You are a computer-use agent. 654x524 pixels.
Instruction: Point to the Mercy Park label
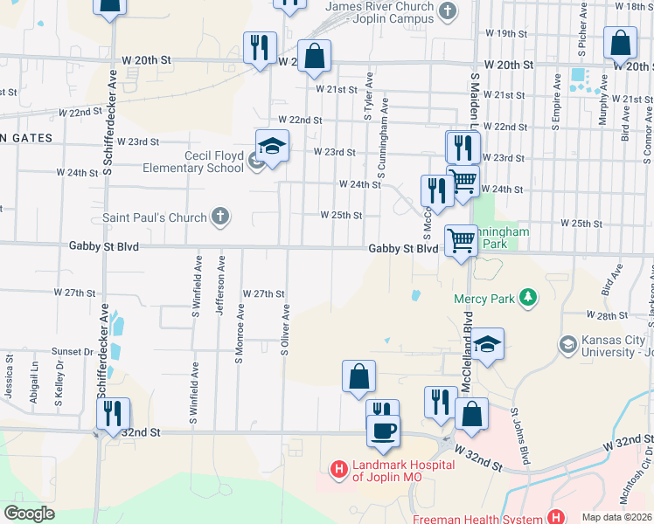(x=484, y=299)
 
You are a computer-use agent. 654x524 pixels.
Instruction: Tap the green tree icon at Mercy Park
(x=527, y=299)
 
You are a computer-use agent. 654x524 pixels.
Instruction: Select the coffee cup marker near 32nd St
(x=382, y=430)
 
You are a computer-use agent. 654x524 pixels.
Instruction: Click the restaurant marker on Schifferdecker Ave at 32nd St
(x=113, y=413)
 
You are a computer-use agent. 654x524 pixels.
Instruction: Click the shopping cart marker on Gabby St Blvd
(x=461, y=240)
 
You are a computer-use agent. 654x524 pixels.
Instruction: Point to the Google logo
(x=30, y=514)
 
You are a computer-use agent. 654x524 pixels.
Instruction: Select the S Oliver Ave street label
(x=285, y=329)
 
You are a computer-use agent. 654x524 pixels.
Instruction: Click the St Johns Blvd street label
(x=521, y=434)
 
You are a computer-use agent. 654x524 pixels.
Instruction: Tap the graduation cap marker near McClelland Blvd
(x=489, y=343)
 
